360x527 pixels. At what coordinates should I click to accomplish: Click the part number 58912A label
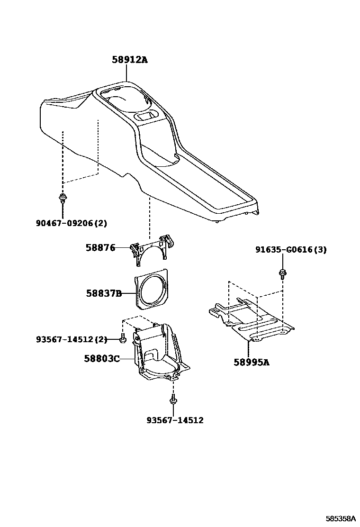pyautogui.click(x=129, y=60)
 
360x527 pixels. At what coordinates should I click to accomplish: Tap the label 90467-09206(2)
pyautogui.click(x=75, y=223)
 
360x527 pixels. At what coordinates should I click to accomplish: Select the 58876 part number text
pyautogui.click(x=100, y=247)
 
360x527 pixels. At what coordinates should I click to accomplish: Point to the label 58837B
pyautogui.click(x=104, y=293)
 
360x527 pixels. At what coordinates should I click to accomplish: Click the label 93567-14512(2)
pyautogui.click(x=72, y=339)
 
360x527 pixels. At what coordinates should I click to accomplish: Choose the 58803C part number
pyautogui.click(x=101, y=359)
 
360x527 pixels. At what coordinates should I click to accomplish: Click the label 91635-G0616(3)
pyautogui.click(x=291, y=250)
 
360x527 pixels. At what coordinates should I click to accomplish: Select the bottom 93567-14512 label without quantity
pyautogui.click(x=175, y=420)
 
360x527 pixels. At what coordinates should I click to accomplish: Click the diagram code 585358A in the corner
pyautogui.click(x=340, y=519)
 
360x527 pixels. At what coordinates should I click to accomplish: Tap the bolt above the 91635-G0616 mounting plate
pyautogui.click(x=282, y=273)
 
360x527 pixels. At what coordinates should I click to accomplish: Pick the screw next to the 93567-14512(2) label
pyautogui.click(x=123, y=339)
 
